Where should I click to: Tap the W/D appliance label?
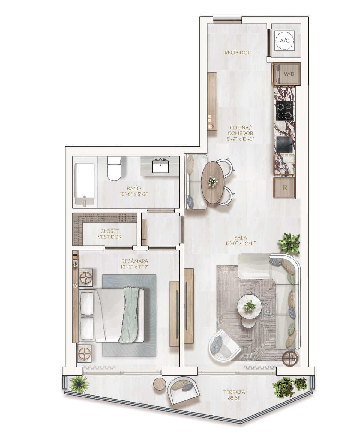click(x=289, y=74)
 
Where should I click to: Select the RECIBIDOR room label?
click(x=238, y=53)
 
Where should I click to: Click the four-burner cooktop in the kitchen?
click(x=284, y=111)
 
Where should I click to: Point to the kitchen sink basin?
click(x=284, y=144)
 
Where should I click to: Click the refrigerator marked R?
click(x=284, y=187)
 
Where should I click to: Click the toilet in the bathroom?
click(x=114, y=168)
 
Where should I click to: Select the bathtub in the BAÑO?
click(x=85, y=184)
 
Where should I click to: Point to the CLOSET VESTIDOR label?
click(x=109, y=234)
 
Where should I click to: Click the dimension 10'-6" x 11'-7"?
click(x=135, y=267)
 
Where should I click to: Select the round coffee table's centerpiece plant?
click(x=249, y=306)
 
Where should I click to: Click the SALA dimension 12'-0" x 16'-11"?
click(x=241, y=243)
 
